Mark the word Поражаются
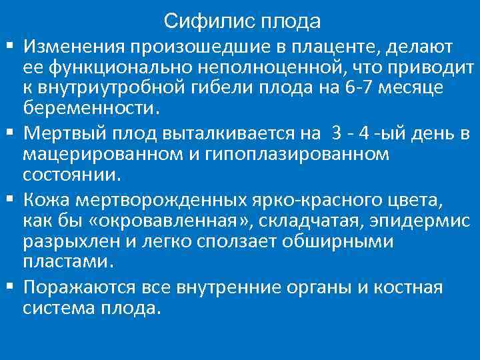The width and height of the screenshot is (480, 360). (79, 287)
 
